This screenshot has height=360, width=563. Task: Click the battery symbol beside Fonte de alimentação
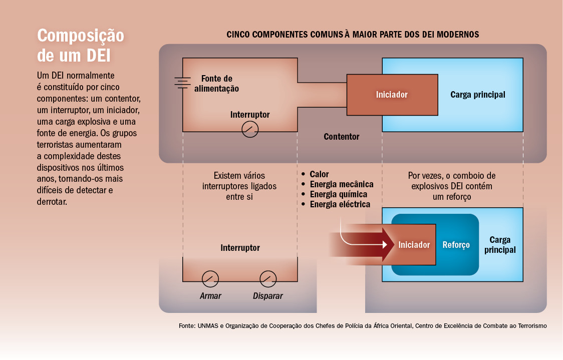point(182,83)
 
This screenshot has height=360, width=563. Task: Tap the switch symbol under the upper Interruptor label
point(250,129)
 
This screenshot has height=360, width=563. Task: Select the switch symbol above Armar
point(210,279)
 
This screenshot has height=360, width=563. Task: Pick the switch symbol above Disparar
point(268,279)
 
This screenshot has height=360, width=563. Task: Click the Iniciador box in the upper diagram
point(392,95)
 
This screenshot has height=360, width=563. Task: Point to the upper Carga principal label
point(477,95)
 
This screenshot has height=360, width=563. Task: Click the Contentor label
point(342,136)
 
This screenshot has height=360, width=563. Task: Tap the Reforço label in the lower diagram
point(456,245)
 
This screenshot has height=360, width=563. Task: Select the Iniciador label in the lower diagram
point(414,245)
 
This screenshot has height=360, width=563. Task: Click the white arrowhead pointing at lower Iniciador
point(385,244)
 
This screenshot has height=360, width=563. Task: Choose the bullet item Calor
point(315,174)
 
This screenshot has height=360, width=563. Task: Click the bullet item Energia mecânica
point(338,184)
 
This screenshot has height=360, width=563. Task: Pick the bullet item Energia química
point(334,194)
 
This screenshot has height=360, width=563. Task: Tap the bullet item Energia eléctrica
point(336,204)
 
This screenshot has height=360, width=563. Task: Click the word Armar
point(210,296)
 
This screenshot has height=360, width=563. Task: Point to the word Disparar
point(268,296)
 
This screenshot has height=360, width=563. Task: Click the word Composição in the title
point(81,36)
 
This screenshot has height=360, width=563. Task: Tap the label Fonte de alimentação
point(216,84)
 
